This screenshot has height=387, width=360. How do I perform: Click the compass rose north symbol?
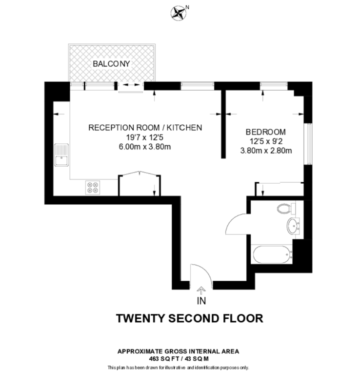coord(179,13)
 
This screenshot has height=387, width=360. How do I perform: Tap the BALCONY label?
coord(111,64)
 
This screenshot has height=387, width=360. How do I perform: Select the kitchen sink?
coord(61,155)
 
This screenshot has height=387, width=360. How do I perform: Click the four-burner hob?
coord(93,188)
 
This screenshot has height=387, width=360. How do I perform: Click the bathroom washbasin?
coord(293,226)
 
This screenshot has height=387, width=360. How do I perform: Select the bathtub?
coord(272,254)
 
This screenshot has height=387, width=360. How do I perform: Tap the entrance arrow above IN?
coord(201,290)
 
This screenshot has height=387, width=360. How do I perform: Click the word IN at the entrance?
coord(201,301)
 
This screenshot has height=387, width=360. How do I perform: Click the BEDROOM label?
coord(266,132)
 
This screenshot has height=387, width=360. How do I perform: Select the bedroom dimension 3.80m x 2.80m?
coord(266,151)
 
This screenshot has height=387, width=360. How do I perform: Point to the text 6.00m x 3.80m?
coord(145,147)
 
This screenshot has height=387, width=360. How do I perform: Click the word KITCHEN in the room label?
coord(184,128)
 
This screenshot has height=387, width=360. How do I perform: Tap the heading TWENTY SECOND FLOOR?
coord(190,318)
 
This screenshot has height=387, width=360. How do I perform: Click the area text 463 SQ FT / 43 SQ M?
coord(179,359)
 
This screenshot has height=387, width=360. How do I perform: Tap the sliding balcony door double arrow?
coord(131,85)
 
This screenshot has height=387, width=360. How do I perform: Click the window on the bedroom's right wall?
coord(308,144)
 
